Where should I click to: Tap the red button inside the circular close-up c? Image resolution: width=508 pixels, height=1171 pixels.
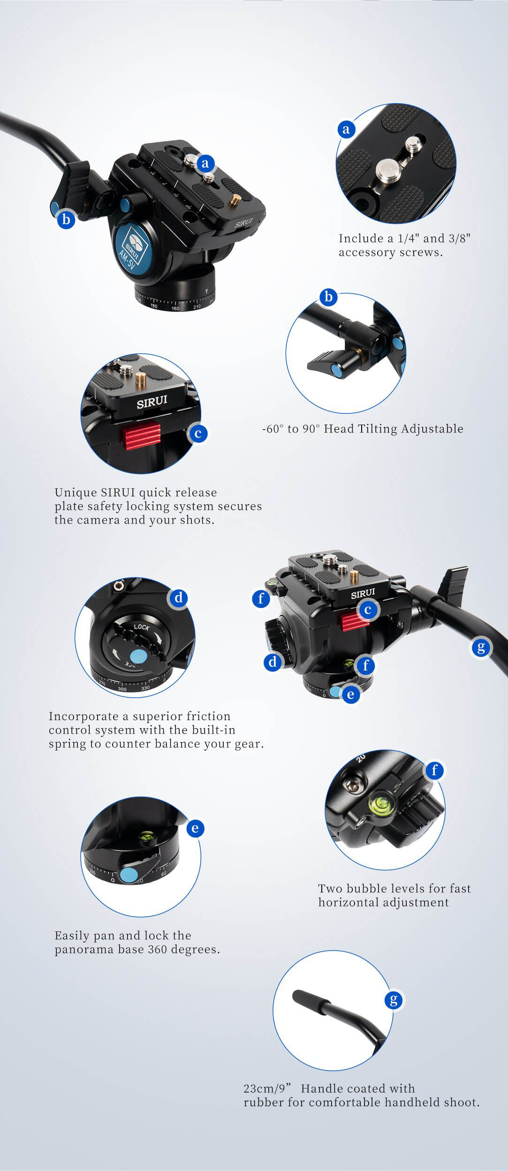[x=142, y=436]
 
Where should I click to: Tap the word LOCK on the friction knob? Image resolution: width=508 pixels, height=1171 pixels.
[x=142, y=627]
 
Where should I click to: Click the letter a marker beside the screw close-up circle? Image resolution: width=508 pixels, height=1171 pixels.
[x=346, y=129]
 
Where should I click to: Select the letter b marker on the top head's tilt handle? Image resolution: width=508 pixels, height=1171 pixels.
[x=66, y=219]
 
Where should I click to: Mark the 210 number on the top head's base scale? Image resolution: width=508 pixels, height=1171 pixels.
[x=197, y=306]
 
